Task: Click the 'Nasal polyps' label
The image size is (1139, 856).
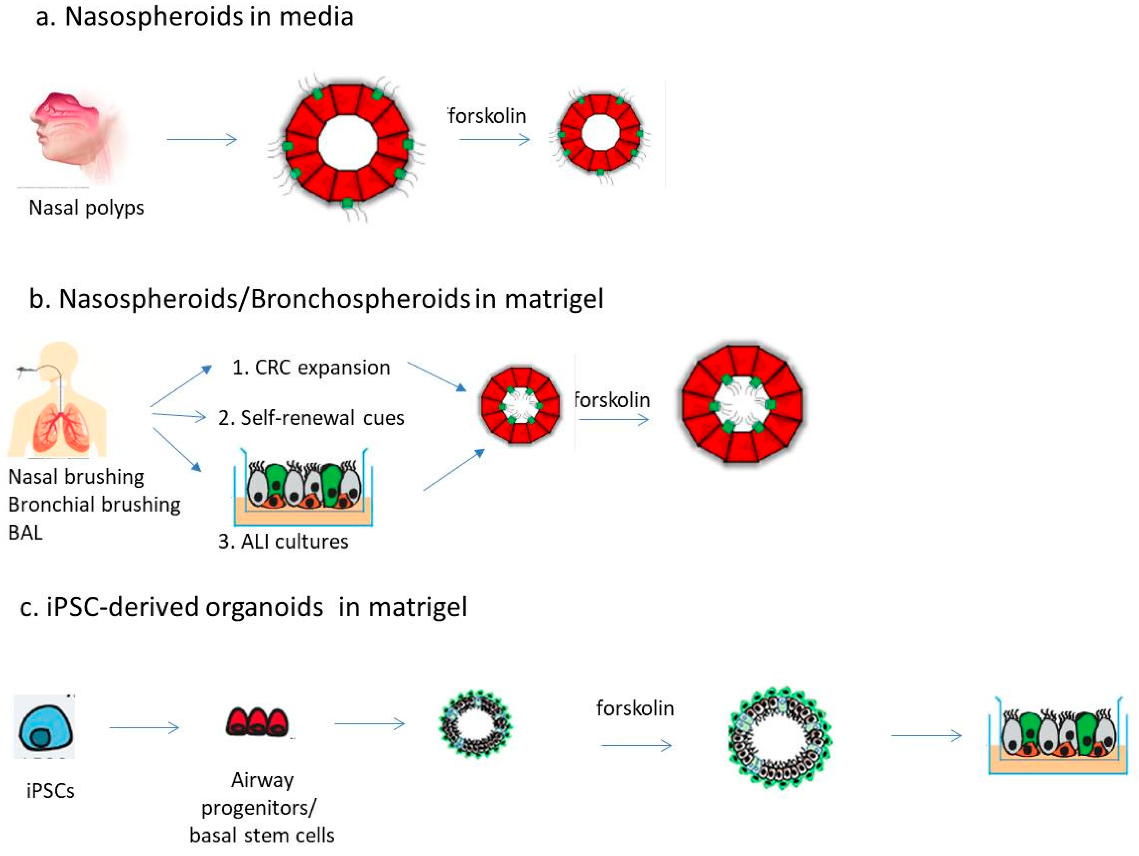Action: [x=86, y=208]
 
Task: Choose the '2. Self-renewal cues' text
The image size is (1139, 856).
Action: [x=311, y=418]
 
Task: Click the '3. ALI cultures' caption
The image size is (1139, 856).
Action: [x=283, y=541]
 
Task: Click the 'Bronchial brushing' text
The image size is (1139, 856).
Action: [x=94, y=504]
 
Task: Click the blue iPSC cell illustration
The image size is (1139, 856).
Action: [x=44, y=726]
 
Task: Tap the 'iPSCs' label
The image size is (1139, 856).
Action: [x=51, y=791]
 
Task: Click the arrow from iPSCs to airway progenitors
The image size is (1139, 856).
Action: [x=144, y=728]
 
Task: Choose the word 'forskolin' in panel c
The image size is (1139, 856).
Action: [x=635, y=708]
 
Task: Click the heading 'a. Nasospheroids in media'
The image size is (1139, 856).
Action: [x=195, y=17]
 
